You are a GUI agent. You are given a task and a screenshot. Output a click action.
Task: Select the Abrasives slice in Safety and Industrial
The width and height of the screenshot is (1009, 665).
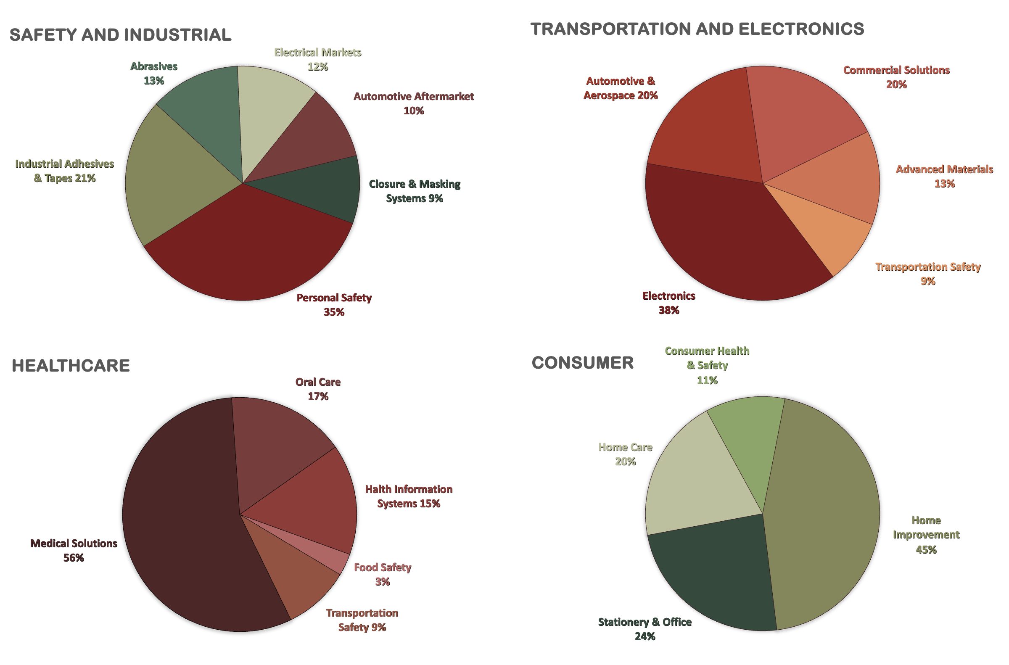point(203,110)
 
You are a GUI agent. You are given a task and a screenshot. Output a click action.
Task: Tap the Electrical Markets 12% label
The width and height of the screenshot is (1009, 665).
point(318,59)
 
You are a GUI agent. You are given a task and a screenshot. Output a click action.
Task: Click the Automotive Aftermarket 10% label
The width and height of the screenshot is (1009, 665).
point(414,103)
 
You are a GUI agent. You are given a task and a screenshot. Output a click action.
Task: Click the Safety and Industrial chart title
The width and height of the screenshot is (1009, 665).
point(121,35)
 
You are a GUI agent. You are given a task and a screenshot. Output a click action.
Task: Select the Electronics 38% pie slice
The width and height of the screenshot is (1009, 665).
point(721,237)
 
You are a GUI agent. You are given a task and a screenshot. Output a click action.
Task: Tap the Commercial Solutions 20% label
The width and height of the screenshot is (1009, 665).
point(896,77)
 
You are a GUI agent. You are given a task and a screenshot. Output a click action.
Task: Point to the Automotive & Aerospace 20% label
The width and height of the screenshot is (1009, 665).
point(621,88)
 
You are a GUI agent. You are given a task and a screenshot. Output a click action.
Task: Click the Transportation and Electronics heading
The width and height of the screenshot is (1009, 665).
point(697,29)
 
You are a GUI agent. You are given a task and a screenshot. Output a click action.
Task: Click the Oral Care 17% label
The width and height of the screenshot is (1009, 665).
point(318,389)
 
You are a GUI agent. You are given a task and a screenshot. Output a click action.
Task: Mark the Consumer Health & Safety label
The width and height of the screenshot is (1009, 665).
point(707,365)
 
